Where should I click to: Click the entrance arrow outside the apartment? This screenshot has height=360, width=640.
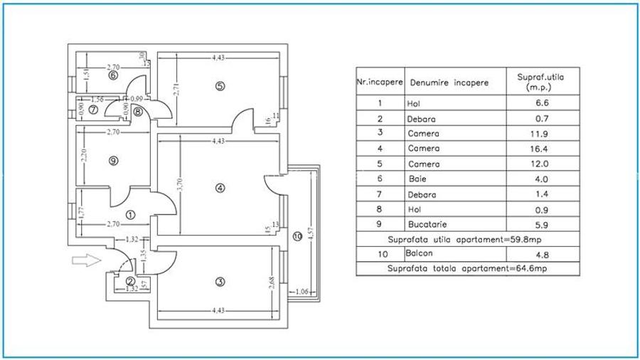pos(84,262)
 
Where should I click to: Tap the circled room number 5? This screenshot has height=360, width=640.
pos(220,86)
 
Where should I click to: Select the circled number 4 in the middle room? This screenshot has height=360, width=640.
pos(220,188)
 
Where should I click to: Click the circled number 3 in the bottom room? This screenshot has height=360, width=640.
pos(220,282)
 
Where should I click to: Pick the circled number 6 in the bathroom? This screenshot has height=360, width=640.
pos(112,74)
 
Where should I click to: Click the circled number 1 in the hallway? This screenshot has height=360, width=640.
pos(129,213)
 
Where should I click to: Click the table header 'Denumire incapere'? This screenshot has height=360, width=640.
pos(448,83)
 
